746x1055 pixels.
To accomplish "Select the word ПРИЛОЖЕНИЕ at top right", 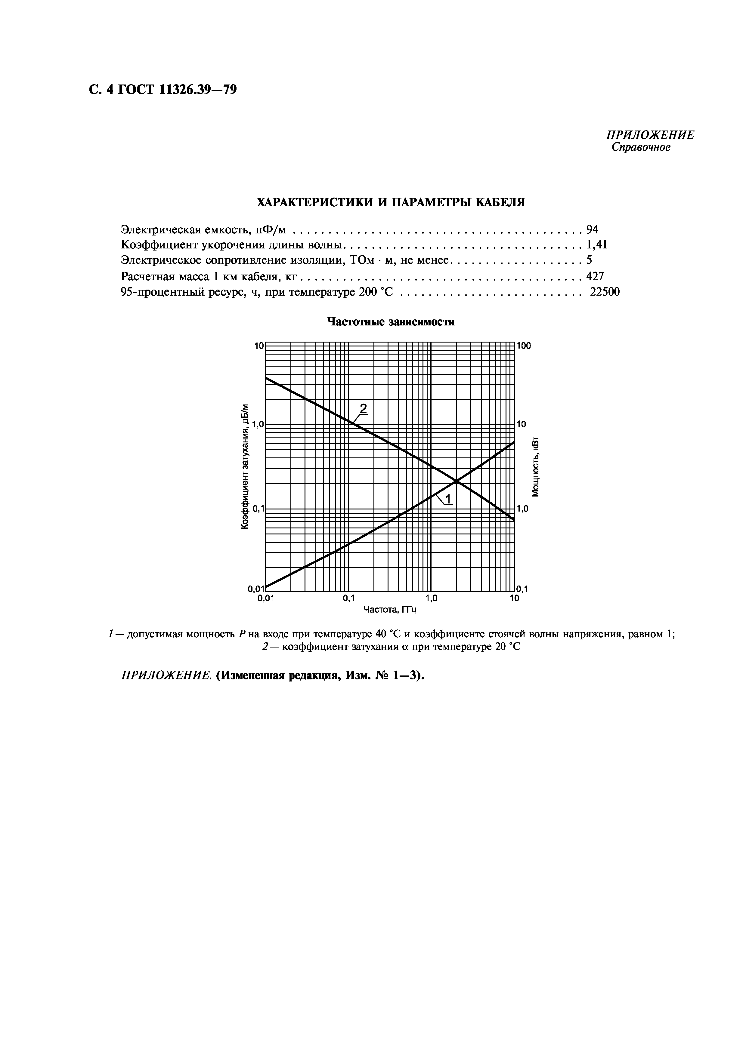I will click(650, 135).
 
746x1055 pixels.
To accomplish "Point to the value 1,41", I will click(597, 245).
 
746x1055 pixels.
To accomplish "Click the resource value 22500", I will click(605, 292).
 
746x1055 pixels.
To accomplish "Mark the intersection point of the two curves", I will click(457, 481).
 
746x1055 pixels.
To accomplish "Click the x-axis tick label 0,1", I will click(349, 598).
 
